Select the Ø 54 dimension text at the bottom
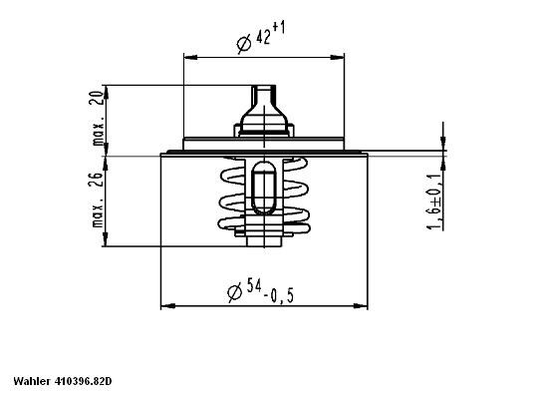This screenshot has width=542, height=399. point(265,292)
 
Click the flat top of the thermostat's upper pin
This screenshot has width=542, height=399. point(265,87)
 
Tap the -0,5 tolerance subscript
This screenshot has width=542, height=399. point(281,296)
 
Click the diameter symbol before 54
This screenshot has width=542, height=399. point(233,292)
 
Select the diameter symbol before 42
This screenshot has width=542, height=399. point(243,42)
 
